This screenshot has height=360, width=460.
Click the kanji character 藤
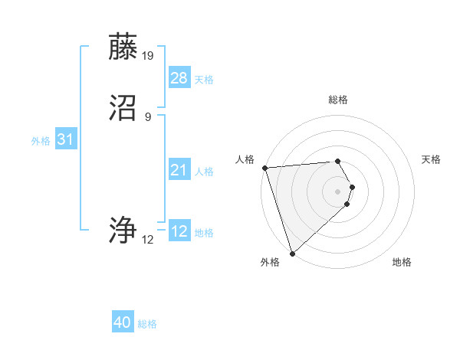coord(123,47)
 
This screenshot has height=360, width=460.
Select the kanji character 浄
coord(123,231)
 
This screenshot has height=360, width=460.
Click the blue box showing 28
coord(179,78)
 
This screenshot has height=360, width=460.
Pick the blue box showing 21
coord(179,170)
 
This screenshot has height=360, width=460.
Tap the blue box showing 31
coord(66,139)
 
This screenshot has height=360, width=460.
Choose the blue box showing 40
coord(123,323)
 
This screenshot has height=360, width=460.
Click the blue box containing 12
coord(179,231)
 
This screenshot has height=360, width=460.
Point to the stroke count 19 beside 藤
coord(148,55)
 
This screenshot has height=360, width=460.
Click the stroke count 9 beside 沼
coord(148,117)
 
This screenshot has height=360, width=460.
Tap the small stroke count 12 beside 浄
coord(148,240)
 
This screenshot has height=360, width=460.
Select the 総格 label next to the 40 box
coord(147,325)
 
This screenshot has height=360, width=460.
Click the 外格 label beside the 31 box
coord(41,141)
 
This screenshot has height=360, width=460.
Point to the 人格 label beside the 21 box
coord(205,172)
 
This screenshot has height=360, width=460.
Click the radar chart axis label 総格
coord(338,100)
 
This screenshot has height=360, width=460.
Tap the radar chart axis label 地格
coord(402,263)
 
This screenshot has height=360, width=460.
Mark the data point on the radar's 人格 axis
coord(264,168)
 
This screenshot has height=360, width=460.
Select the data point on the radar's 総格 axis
coord(338,161)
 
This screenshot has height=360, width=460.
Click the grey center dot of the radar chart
coord(338,191)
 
